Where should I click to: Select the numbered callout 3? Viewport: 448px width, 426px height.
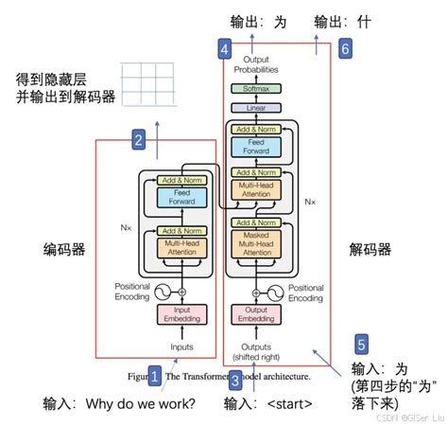236,380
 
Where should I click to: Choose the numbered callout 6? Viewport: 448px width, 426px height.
345,47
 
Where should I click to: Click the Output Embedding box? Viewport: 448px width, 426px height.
256,314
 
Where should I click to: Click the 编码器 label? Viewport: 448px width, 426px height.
64,250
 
